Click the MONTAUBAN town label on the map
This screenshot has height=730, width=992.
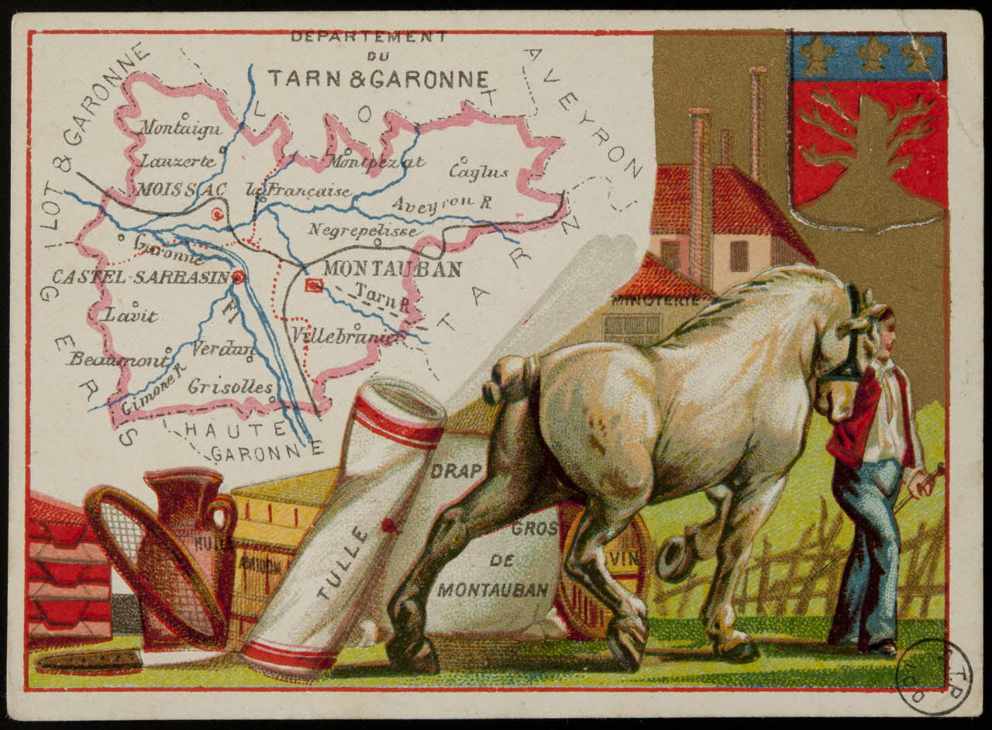tap(391, 270)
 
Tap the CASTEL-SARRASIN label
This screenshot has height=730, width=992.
tap(141, 277)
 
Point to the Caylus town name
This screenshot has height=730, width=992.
tap(478, 171)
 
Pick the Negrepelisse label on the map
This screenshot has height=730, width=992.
tap(364, 230)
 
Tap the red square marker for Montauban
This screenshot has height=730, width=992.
tap(314, 285)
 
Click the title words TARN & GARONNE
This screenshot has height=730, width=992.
tap(378, 79)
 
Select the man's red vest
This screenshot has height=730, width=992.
tap(852, 422)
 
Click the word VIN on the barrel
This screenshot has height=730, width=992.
tap(628, 558)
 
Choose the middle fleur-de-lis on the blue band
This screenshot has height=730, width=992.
tap(870, 54)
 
